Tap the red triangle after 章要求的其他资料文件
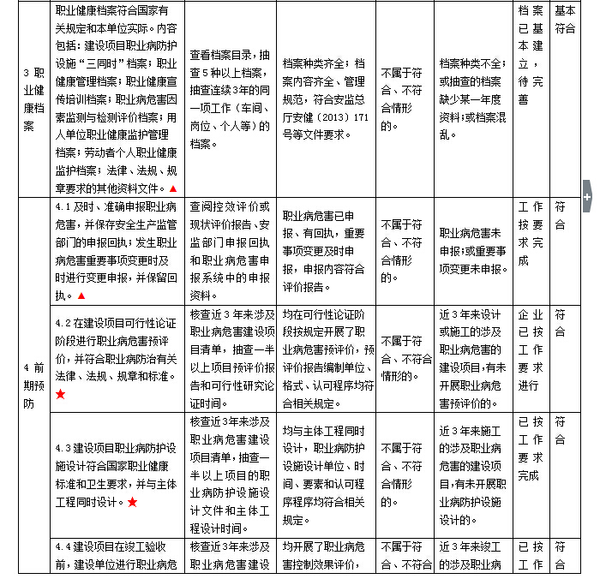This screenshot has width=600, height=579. [x=173, y=188]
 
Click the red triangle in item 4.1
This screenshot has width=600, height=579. [x=81, y=295]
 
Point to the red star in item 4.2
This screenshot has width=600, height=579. [x=60, y=393]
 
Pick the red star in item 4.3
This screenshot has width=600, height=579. [x=132, y=502]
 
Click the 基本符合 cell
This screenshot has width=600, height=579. [x=565, y=19]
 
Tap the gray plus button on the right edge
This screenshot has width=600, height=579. [x=587, y=196]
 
